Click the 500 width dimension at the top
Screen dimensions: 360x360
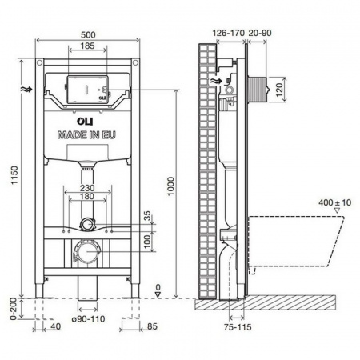click(x=88, y=34)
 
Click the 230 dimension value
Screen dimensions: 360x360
click(x=89, y=189)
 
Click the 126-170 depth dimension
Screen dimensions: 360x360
click(x=228, y=33)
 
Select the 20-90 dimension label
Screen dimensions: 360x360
click(x=260, y=33)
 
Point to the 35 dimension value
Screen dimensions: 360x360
click(x=146, y=215)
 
